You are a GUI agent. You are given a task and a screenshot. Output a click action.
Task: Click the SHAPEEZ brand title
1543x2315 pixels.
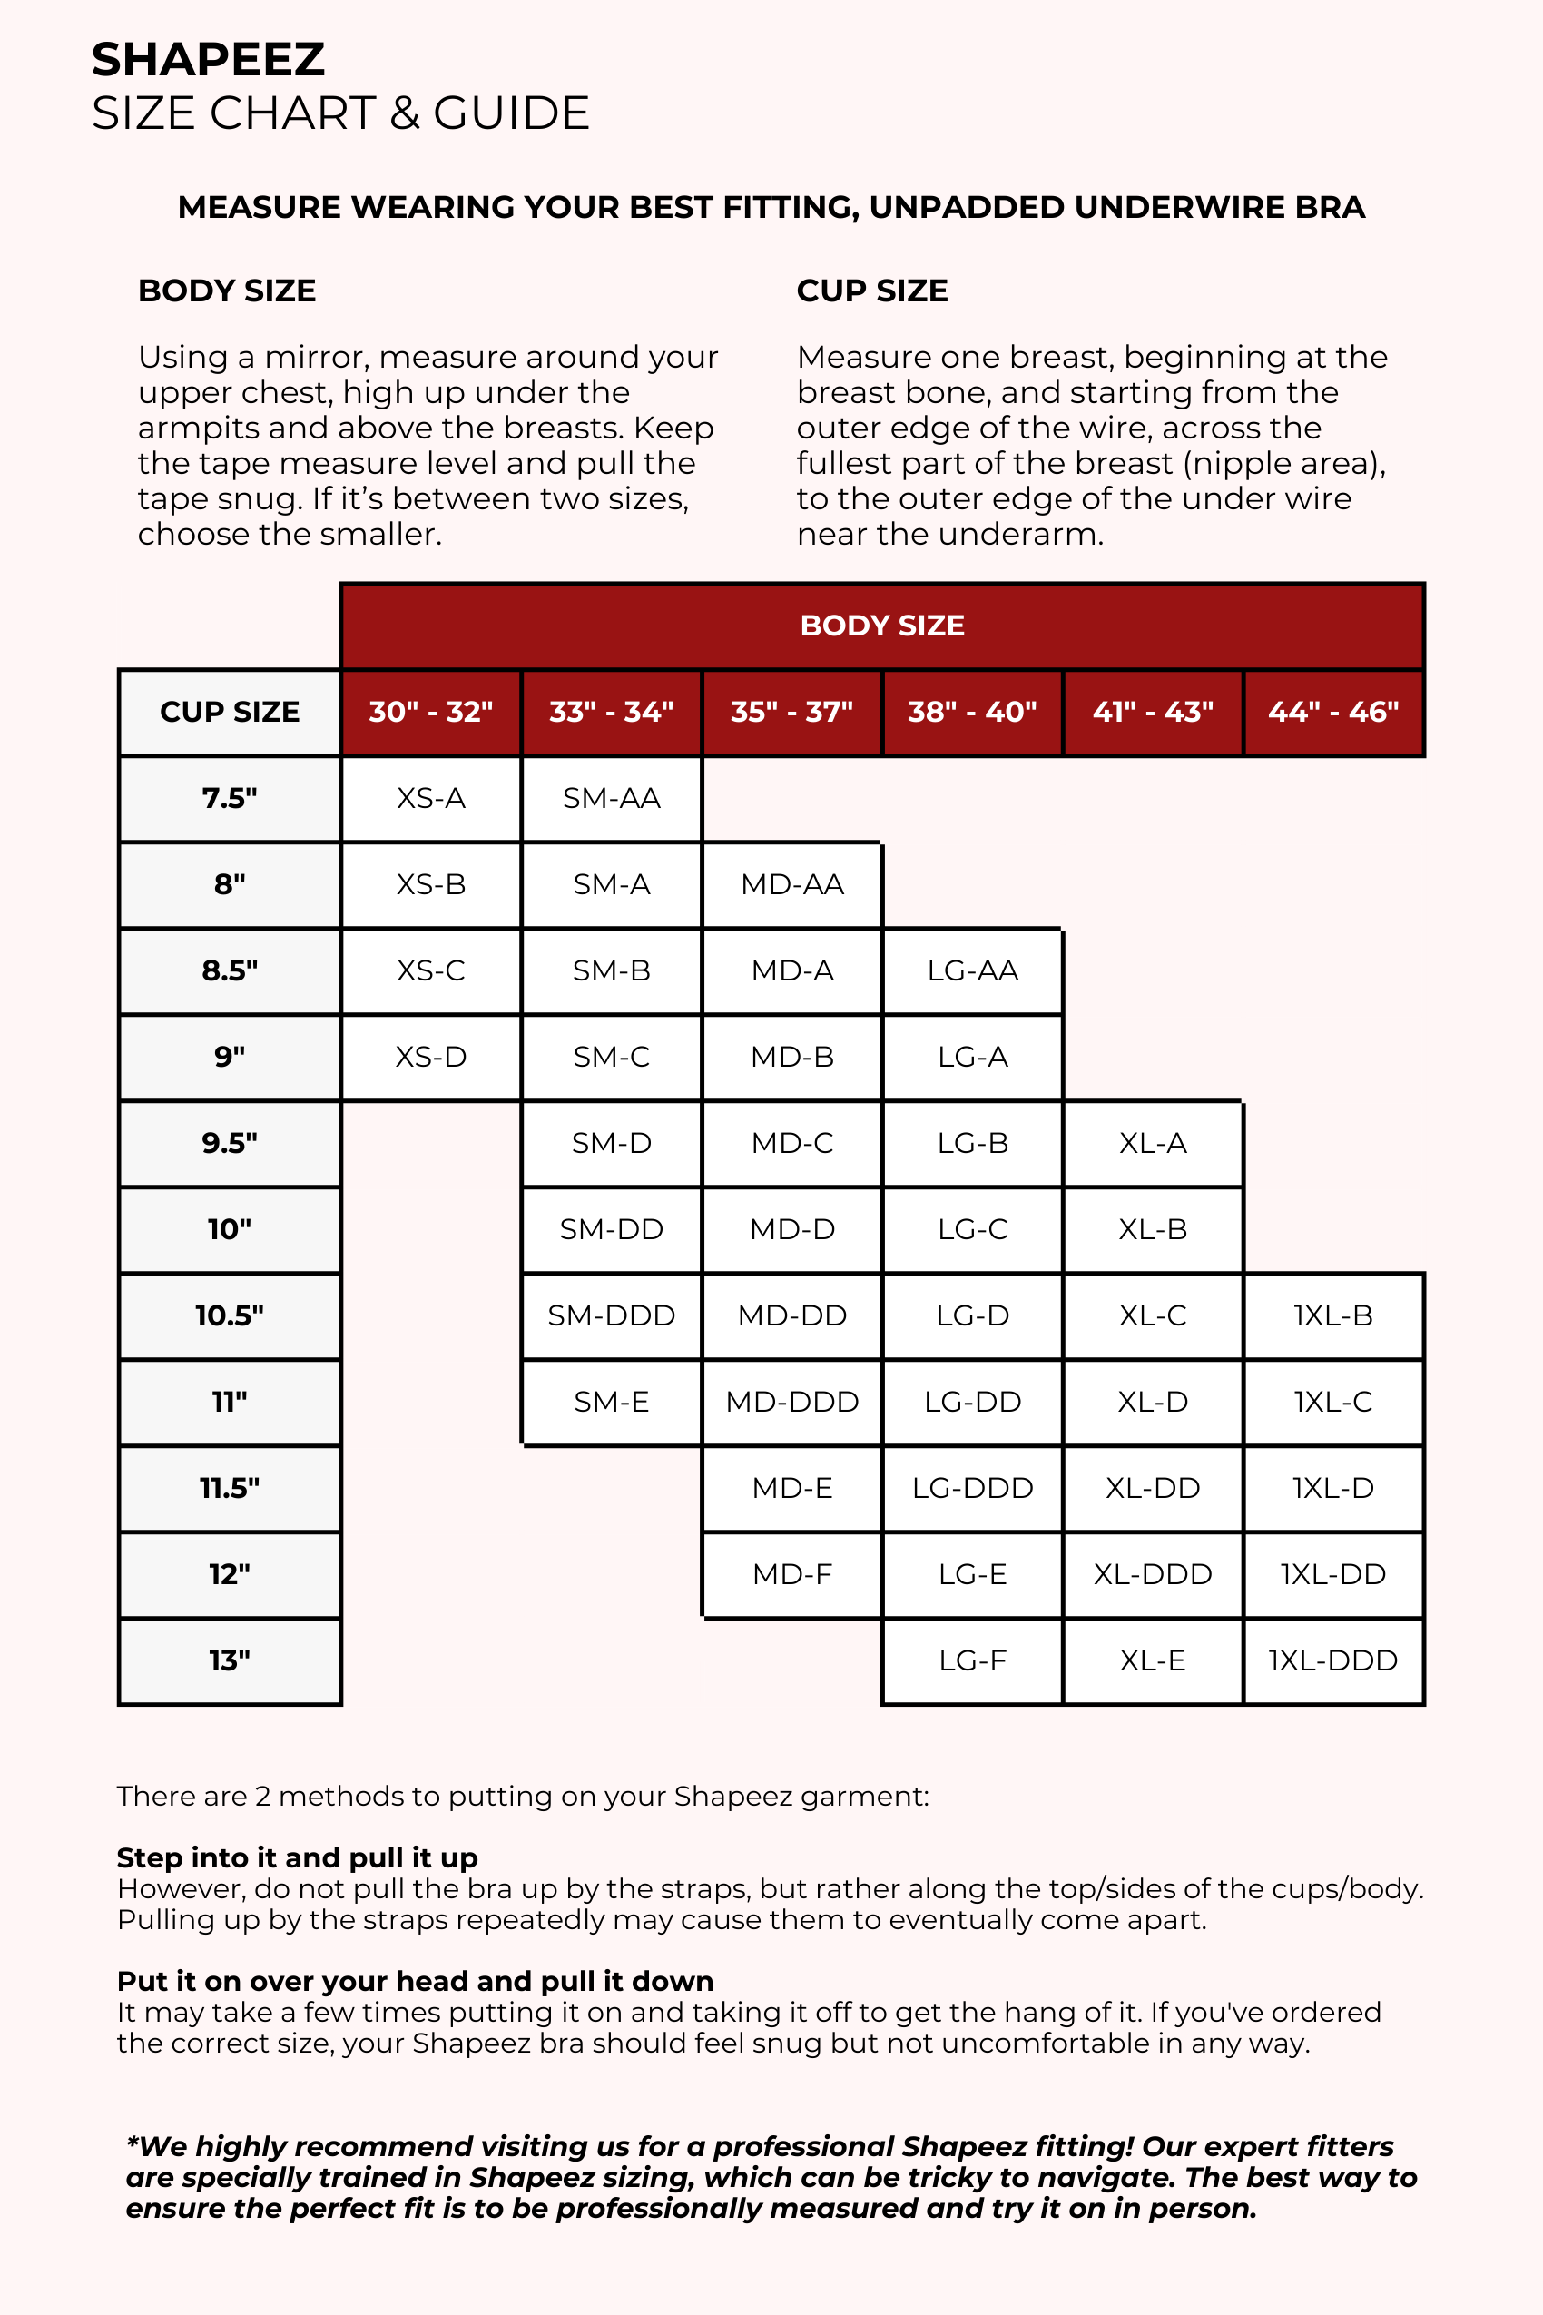(208, 60)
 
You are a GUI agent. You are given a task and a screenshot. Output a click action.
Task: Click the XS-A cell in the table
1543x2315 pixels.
(431, 798)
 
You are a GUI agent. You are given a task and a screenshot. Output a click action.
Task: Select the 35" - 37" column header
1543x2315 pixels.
(791, 712)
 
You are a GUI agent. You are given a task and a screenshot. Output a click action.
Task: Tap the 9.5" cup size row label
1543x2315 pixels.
(230, 1143)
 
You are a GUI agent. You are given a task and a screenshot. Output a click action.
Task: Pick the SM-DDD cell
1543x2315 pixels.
(611, 1315)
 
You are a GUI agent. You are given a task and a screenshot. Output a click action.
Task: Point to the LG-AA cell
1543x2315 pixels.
(972, 970)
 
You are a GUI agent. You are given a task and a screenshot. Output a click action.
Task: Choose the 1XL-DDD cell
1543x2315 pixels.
(1332, 1660)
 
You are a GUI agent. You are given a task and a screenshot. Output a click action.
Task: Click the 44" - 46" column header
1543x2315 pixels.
(1332, 712)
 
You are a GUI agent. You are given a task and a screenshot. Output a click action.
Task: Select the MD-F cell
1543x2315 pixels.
(791, 1574)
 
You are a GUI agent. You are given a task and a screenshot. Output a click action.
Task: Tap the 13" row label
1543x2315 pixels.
(230, 1660)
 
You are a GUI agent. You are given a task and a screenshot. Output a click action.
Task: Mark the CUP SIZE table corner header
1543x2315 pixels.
(230, 712)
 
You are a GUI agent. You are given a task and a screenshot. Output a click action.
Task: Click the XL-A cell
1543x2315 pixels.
(1153, 1143)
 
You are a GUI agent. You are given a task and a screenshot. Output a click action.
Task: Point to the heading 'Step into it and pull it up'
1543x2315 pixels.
(297, 1857)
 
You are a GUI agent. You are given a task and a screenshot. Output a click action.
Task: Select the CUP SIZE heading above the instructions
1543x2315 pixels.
(872, 291)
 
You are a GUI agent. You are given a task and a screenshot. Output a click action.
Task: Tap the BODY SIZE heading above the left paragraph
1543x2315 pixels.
(226, 291)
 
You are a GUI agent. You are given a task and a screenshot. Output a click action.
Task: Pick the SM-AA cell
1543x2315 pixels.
(611, 798)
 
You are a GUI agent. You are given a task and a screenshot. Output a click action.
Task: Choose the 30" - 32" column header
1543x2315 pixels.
(431, 712)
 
